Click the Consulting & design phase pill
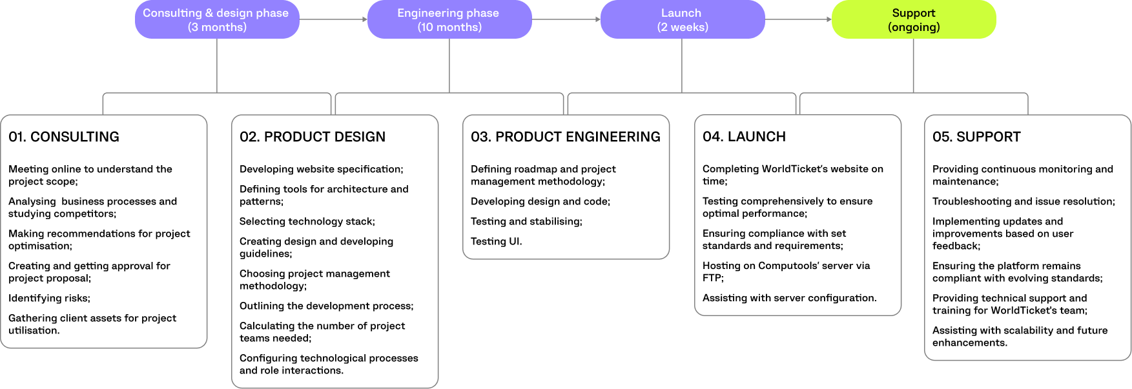click(x=217, y=19)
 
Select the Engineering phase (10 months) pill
click(x=449, y=19)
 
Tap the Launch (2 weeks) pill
click(x=683, y=19)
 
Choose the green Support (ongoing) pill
click(x=914, y=19)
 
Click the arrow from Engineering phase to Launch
click(x=566, y=19)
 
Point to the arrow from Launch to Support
click(x=798, y=19)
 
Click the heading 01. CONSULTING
click(x=64, y=137)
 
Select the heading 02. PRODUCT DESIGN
click(x=313, y=137)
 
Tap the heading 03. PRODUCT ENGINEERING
click(x=566, y=137)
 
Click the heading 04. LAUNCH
click(x=744, y=137)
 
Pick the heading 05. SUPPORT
click(x=976, y=137)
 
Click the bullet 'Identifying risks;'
click(x=49, y=298)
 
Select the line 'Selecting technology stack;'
click(x=307, y=221)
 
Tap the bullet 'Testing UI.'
click(x=496, y=241)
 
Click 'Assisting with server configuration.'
click(x=789, y=298)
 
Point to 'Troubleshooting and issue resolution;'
click(x=1024, y=201)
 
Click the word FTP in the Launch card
click(x=712, y=278)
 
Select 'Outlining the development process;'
click(x=326, y=306)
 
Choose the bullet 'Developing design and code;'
click(x=540, y=201)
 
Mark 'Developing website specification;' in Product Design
click(x=321, y=169)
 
